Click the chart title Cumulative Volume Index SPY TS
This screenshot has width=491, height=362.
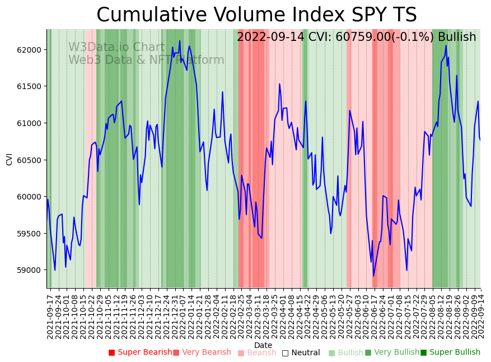256,15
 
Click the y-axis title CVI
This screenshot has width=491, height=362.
10,159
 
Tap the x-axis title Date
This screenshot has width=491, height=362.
263,346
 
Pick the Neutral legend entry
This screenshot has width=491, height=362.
301,353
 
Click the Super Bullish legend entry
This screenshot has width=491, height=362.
450,352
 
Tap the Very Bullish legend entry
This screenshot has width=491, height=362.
392,352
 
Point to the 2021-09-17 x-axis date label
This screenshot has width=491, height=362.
50,314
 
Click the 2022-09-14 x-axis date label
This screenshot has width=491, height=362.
480,314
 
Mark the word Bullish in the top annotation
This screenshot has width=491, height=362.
457,37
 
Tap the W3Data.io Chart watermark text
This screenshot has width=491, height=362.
116,48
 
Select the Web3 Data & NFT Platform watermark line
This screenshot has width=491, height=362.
146,60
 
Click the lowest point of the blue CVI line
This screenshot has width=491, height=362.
373,276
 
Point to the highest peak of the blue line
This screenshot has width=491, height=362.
180,40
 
